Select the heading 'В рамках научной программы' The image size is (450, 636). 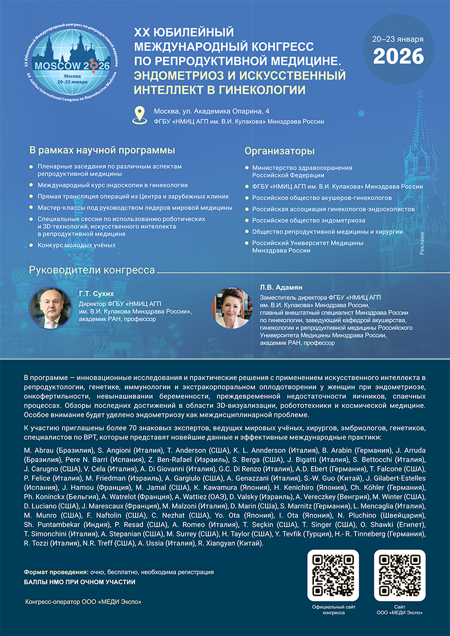point(102,151)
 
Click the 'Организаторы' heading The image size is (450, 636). point(279,151)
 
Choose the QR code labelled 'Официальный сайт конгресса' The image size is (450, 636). point(333,575)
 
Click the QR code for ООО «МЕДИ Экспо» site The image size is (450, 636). point(399,575)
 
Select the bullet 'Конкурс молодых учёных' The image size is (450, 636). point(76,245)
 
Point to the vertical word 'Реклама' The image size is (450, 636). point(422,242)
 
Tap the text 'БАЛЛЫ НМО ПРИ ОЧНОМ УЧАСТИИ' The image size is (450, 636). point(80,583)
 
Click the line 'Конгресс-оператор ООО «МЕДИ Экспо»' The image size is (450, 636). point(83,602)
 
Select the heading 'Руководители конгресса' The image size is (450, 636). point(92,270)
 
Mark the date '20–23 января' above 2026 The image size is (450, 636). point(398,39)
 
